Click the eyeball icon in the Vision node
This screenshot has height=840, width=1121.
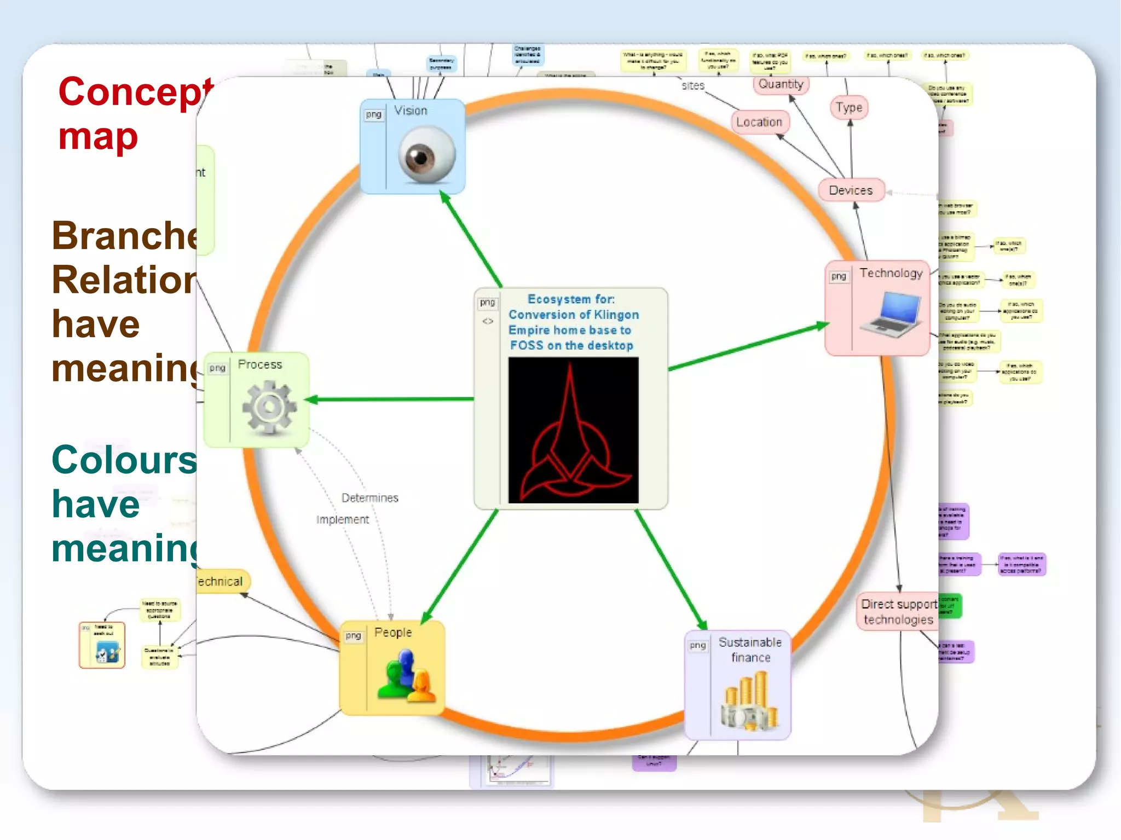[x=426, y=155]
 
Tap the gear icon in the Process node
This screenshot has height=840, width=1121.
[x=269, y=408]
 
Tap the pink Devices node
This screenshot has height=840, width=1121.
[x=851, y=190]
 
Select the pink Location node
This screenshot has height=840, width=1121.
[x=759, y=122]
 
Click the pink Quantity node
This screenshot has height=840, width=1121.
[x=781, y=84]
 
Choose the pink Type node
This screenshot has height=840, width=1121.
[x=849, y=108]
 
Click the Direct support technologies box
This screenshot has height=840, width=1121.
[x=898, y=612]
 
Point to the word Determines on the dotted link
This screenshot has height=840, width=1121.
[x=370, y=498]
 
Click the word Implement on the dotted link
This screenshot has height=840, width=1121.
[x=343, y=519]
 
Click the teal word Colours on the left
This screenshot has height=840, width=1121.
[x=124, y=460]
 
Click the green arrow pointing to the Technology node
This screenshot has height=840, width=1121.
[x=750, y=346]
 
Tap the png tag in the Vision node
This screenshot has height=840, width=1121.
[x=374, y=114]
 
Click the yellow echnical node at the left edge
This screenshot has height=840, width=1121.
[x=221, y=581]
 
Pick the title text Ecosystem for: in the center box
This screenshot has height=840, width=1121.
[x=571, y=299]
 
